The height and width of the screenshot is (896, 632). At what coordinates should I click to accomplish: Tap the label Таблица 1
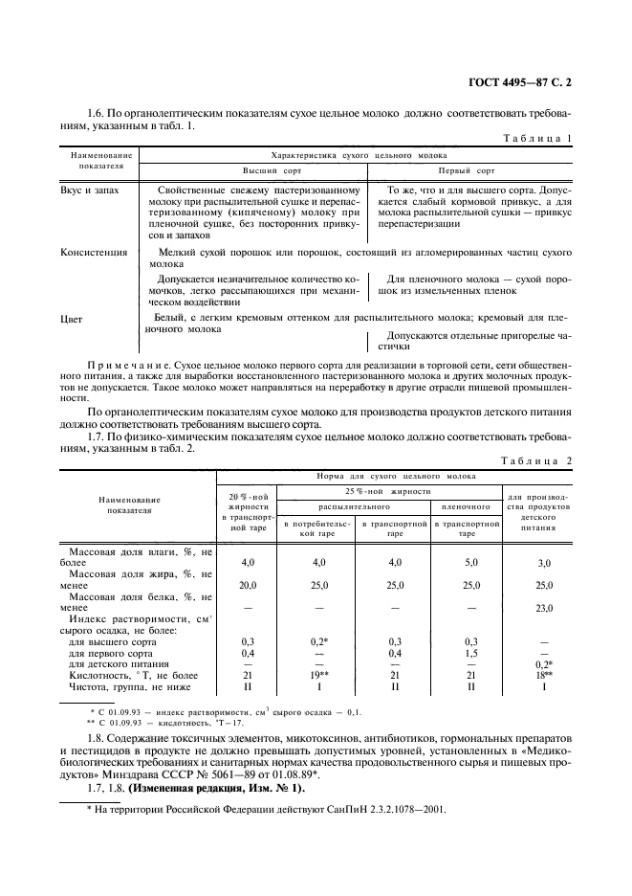tap(537, 139)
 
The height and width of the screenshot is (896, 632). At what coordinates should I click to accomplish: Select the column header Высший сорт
tap(252, 171)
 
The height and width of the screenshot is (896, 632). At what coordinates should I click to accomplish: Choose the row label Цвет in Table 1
tap(72, 318)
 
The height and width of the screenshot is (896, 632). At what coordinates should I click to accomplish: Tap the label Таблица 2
tap(536, 460)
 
